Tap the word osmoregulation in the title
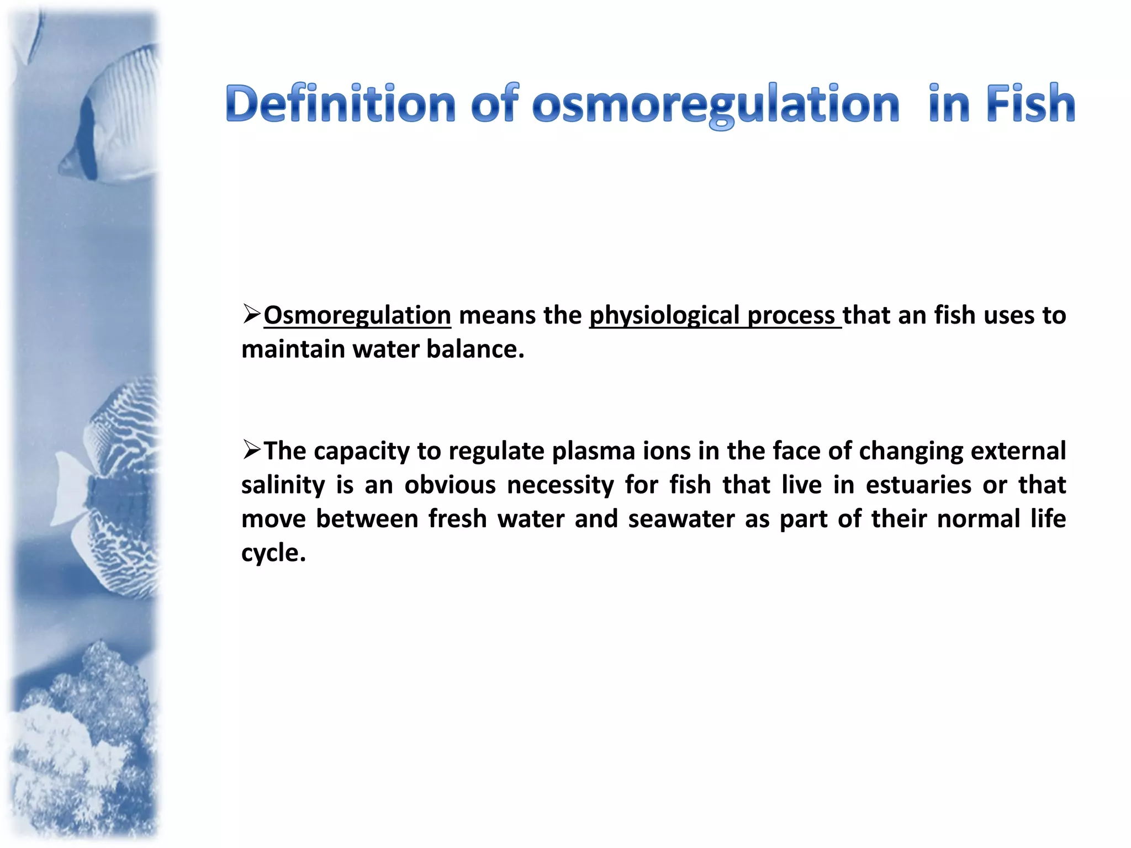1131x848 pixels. (x=716, y=105)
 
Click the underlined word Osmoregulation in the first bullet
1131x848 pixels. (x=357, y=315)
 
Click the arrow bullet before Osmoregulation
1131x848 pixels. (x=251, y=314)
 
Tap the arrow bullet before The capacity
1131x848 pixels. (x=251, y=449)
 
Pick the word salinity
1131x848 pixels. (x=283, y=485)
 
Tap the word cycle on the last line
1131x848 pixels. (x=273, y=553)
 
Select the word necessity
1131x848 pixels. (x=560, y=485)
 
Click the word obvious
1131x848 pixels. (x=450, y=485)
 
